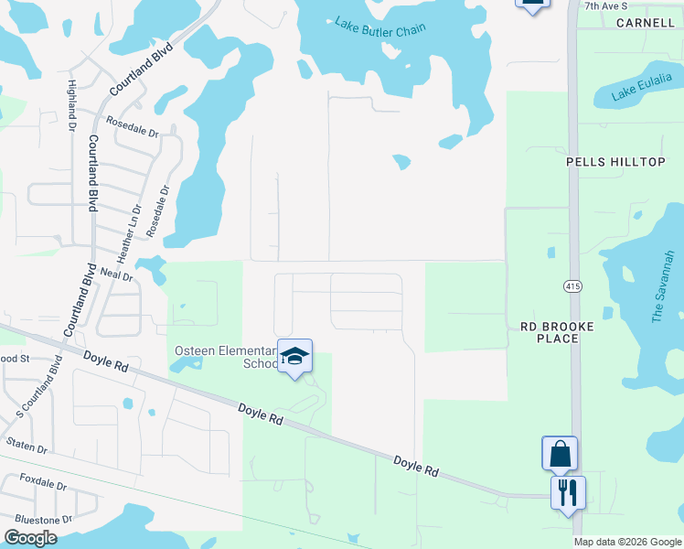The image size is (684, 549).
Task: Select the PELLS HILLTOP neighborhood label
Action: coord(615,162)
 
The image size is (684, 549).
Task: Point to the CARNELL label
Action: coord(645,22)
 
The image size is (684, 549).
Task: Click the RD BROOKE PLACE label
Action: coord(557,332)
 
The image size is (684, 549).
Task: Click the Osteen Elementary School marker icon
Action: coord(294,356)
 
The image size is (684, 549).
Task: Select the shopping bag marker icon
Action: coord(560,453)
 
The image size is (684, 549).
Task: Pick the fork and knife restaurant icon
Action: coord(568,492)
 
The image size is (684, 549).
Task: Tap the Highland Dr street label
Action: coord(71,103)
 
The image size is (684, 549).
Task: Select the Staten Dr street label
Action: coord(27,447)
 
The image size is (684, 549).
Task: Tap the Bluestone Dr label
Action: coord(42,519)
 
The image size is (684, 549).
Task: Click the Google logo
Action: coord(30,538)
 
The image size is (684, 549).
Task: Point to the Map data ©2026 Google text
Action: coord(626,542)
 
